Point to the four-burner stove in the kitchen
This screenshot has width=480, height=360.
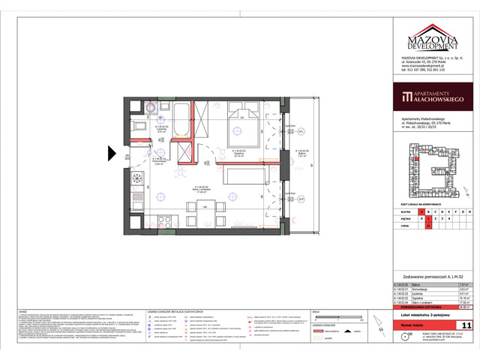137,180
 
